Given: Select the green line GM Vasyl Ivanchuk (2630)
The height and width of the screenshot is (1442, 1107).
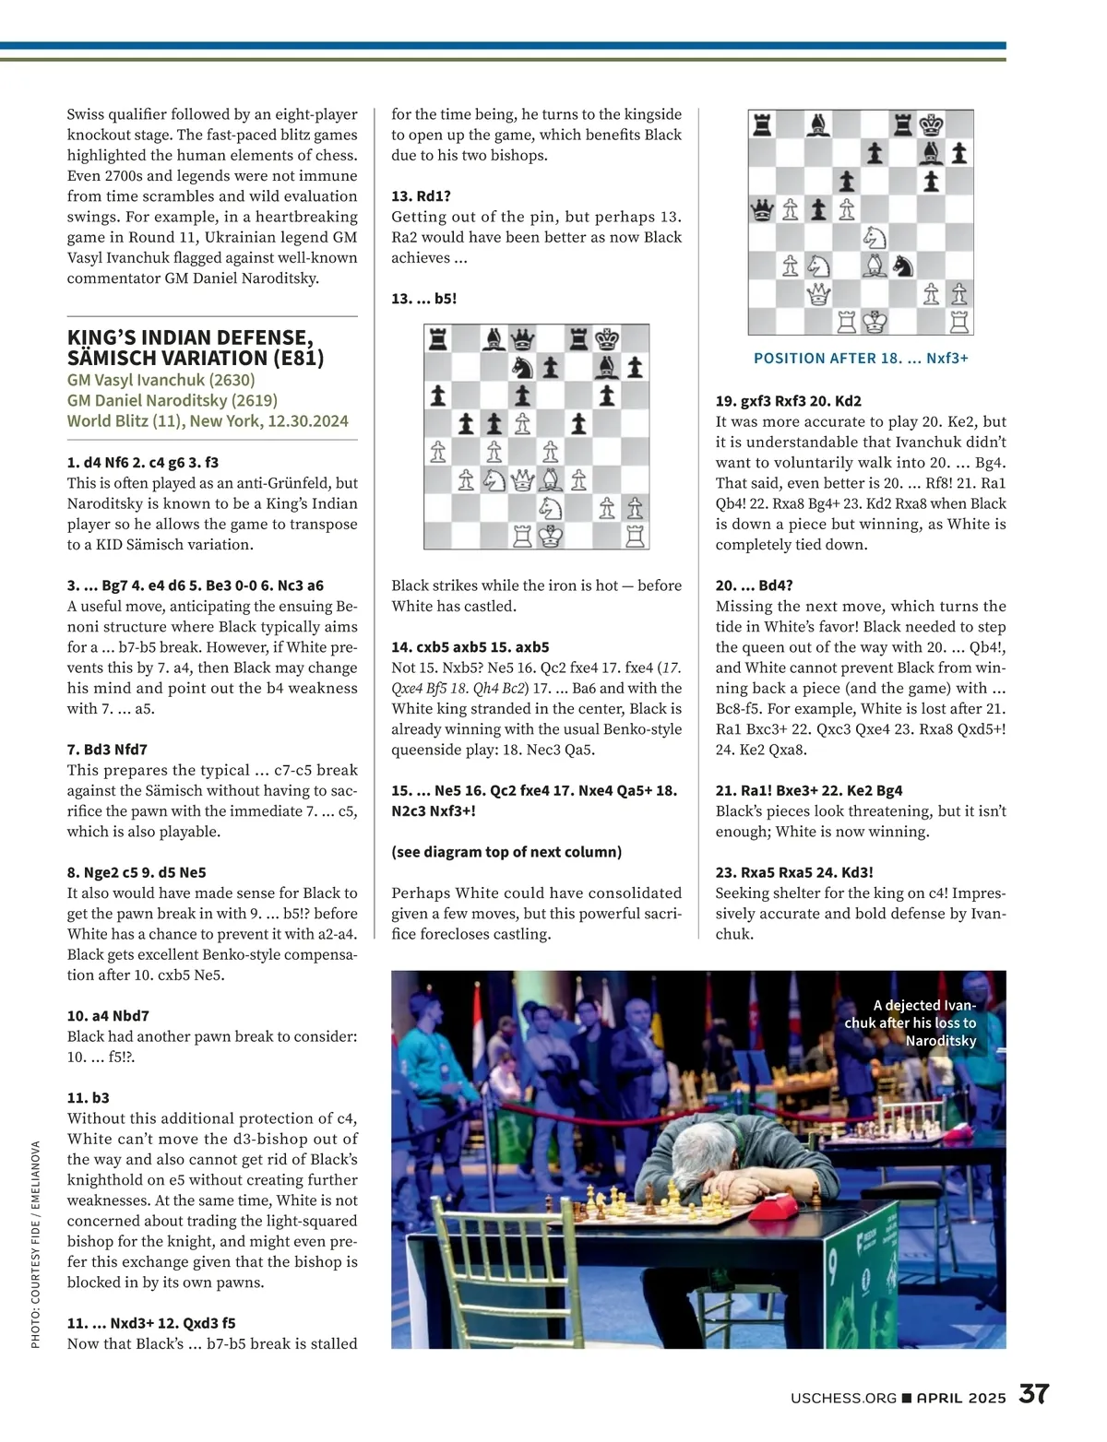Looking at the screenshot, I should (161, 380).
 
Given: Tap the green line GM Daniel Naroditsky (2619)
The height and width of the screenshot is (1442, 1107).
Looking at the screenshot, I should (172, 400).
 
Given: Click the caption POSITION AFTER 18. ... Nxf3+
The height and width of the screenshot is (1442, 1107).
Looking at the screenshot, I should (861, 358).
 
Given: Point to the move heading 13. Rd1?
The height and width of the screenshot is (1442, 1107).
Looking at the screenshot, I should (421, 195).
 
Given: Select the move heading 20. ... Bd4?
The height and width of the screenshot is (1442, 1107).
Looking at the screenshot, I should (754, 585).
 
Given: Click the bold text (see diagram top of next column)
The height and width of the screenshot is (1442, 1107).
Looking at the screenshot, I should (506, 852).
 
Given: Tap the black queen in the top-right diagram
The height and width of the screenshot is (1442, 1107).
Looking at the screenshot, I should (762, 210).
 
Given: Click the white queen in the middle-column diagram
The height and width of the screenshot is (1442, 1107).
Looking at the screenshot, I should (522, 479).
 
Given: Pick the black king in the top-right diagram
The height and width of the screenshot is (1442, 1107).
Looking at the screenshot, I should (932, 124).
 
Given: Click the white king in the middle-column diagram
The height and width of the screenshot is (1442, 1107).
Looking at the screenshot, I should (551, 536).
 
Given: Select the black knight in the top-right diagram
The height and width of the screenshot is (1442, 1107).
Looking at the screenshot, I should (903, 266).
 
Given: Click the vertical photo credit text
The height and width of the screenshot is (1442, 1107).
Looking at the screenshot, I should (36, 1245).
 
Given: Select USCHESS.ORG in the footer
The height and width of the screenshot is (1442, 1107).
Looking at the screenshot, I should (843, 1398).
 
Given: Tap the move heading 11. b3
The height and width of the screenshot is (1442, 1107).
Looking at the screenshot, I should (89, 1097).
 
